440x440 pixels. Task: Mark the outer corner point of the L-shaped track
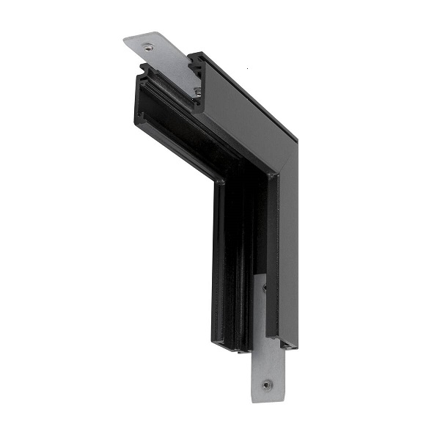click(296, 139)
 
